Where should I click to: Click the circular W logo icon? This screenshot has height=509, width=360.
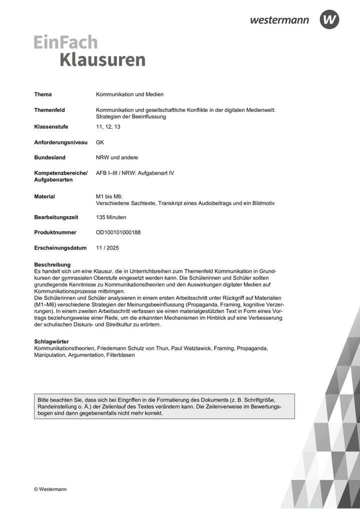329,19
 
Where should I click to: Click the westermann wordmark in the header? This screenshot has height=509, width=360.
279,20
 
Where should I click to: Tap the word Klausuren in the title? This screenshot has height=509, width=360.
102,59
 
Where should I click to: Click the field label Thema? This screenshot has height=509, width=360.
43,94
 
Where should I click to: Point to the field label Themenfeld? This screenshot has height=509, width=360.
49,110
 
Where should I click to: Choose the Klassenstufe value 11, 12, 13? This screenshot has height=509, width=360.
108,127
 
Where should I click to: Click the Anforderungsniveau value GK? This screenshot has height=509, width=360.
100,142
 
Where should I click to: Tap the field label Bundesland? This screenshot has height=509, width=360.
49,157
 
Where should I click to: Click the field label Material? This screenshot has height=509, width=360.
44,196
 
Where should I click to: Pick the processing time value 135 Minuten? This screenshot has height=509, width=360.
111,217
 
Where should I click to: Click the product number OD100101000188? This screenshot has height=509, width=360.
118,232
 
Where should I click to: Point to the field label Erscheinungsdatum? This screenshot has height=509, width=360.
60,248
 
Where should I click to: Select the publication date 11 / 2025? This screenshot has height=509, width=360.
107,248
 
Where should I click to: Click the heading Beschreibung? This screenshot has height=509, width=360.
52,264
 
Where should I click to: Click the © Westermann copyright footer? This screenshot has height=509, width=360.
50,489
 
